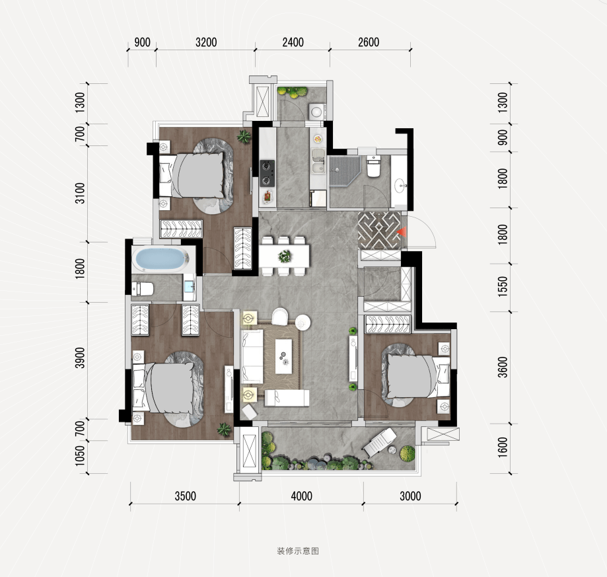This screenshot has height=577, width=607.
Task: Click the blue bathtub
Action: pos(159,258)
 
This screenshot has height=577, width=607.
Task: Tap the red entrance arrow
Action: pos(402,231)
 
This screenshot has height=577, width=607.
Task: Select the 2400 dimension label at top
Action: pos(293,42)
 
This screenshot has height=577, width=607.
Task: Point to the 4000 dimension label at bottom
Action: pos(301,496)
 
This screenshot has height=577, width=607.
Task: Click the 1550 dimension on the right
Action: pos(503,287)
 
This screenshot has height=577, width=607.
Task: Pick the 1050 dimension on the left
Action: pos(80,456)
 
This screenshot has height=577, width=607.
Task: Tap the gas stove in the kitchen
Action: pos(267,173)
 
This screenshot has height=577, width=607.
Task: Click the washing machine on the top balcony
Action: pos(316,112)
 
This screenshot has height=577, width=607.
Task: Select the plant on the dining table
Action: pos(285,256)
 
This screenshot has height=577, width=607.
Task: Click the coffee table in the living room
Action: pos(284,356)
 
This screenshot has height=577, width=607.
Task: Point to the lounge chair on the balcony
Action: pos(379,442)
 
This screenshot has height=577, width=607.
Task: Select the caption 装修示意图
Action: pos(298,551)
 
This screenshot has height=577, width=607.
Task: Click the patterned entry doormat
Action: pos(379,231)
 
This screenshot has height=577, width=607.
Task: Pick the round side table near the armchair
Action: pos(303,322)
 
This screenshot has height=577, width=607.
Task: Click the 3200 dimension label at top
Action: pos(206,42)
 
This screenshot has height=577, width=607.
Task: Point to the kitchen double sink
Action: pos(318,161)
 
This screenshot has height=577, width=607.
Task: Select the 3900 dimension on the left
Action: pos(80,358)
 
